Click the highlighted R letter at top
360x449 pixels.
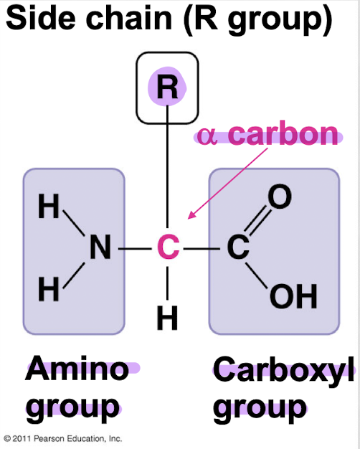click(x=168, y=88)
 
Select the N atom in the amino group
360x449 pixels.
click(x=100, y=247)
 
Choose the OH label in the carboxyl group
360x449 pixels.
click(x=293, y=296)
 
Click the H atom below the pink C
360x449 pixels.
click(x=168, y=318)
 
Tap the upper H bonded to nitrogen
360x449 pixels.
click(x=49, y=206)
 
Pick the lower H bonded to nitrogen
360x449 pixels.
click(x=49, y=289)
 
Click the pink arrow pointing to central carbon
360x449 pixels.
click(x=227, y=184)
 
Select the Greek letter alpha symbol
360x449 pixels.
click(x=207, y=136)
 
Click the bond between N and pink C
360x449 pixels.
click(x=135, y=249)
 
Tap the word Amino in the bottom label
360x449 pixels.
click(x=77, y=368)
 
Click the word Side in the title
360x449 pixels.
click(x=41, y=19)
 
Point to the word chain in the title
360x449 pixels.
click(x=129, y=18)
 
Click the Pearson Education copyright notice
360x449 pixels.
click(x=63, y=438)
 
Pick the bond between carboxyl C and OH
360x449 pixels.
click(x=256, y=275)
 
